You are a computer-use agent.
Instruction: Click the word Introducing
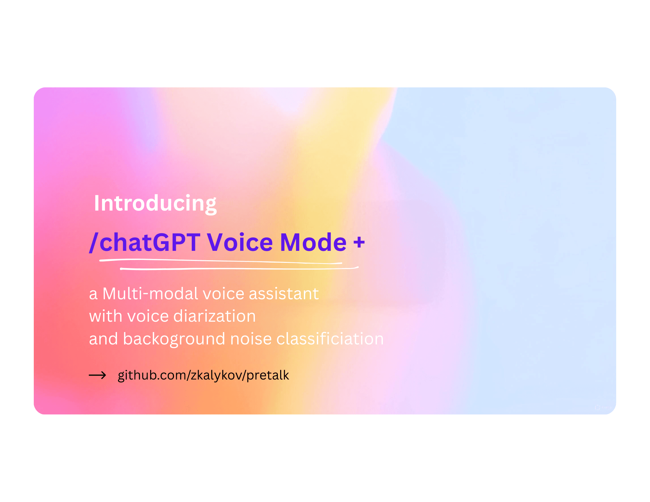coord(155,203)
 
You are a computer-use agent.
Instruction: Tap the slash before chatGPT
coord(94,242)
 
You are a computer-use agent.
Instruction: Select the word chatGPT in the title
coord(150,242)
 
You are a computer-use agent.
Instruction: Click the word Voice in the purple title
coord(240,242)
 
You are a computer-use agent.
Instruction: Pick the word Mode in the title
coord(313,242)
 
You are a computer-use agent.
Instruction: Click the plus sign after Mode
coord(359,242)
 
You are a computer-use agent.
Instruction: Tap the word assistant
coord(284,294)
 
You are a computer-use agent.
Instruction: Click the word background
coord(174,339)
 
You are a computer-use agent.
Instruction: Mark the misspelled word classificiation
coord(330,339)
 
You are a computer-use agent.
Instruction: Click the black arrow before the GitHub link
coord(97,376)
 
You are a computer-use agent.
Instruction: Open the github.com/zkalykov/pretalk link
coord(203,375)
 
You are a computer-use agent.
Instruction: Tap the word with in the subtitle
coord(105,316)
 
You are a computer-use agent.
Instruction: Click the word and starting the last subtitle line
coord(103,339)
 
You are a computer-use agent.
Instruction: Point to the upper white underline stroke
coord(221,261)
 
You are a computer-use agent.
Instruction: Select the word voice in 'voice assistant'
coord(223,294)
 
